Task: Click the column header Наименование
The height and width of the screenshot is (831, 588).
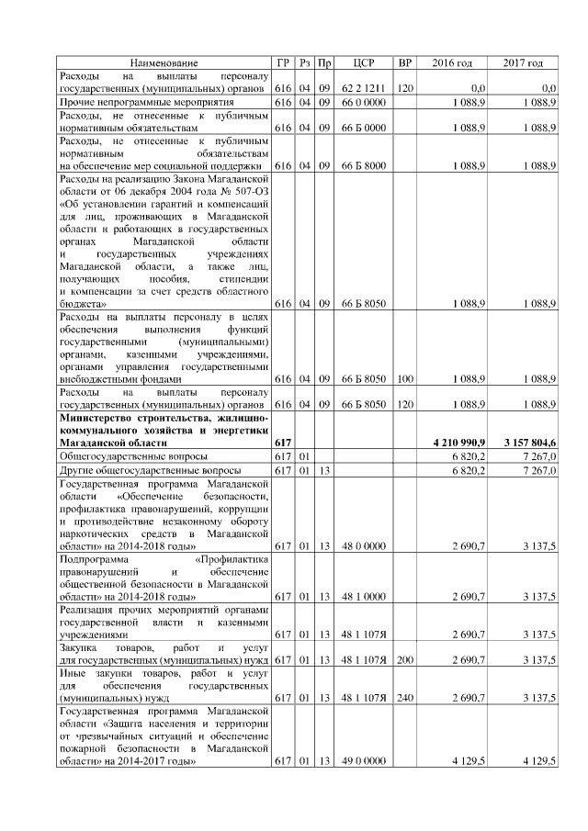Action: (164, 62)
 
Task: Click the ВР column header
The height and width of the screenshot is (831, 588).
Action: (404, 62)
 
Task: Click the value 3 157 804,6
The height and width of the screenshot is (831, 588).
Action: (529, 443)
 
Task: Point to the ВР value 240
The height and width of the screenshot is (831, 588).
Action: (404, 698)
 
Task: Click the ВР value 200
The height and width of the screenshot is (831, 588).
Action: (404, 659)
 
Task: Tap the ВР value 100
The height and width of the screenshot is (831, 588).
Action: (404, 377)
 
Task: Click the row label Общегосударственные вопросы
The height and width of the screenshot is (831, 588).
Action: (134, 456)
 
